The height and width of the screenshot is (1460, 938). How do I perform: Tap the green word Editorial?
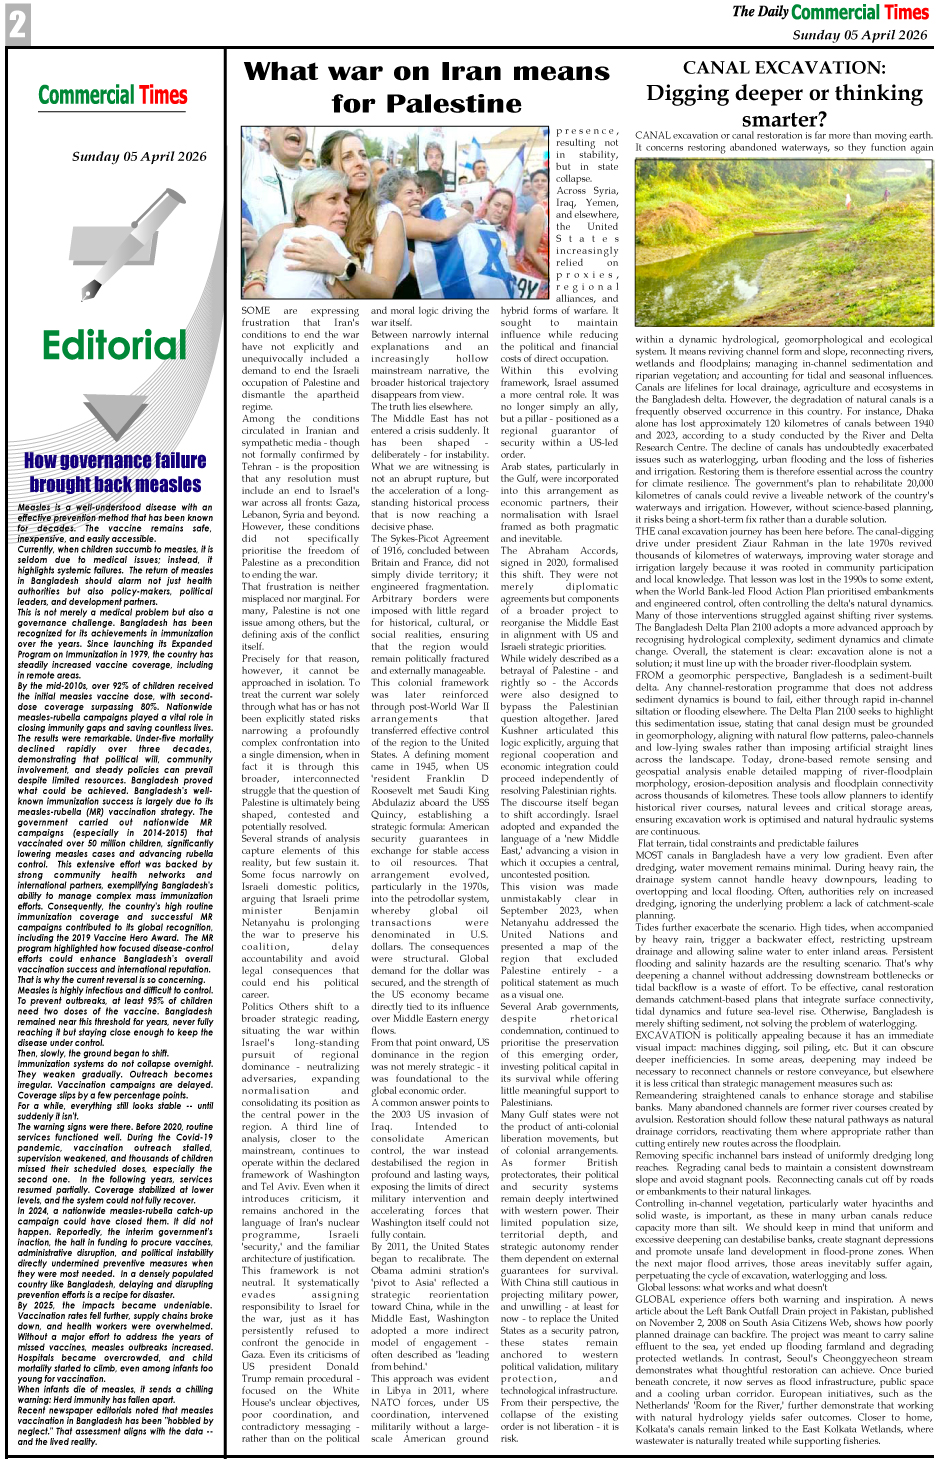(x=114, y=346)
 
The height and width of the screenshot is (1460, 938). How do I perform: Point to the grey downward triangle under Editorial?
(x=114, y=415)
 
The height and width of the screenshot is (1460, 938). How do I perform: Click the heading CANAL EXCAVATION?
(x=784, y=68)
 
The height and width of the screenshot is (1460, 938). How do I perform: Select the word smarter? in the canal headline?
(x=784, y=119)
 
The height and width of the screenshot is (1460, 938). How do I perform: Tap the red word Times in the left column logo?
(x=163, y=95)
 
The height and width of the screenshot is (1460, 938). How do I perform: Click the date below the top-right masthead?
(x=859, y=35)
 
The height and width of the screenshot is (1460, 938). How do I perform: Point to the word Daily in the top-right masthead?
(x=773, y=12)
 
